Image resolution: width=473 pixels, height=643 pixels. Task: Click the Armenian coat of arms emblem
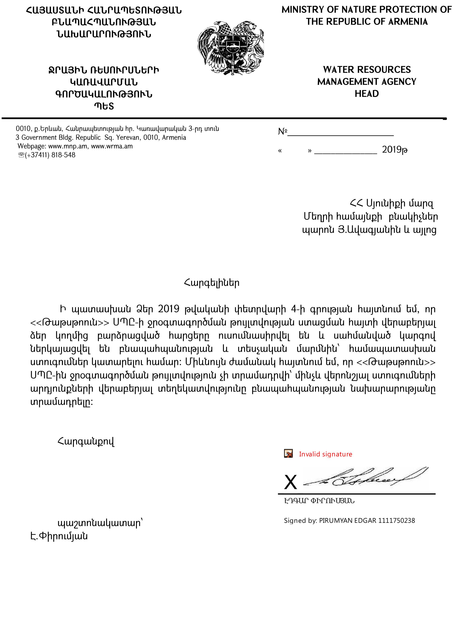tap(231, 47)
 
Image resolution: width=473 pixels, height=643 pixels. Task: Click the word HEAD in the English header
tap(366, 94)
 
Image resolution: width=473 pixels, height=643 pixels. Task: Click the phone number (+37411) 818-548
tap(50, 155)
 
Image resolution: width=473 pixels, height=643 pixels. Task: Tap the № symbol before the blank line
tap(282, 132)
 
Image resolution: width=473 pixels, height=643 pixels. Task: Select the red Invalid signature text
tap(325, 454)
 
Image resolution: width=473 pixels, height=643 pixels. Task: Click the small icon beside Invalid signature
tap(288, 454)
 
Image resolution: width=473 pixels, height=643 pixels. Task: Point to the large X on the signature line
tap(290, 483)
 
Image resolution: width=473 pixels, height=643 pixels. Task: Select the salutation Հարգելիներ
tap(212, 283)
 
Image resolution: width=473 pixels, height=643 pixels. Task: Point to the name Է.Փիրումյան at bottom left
tap(59, 536)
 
